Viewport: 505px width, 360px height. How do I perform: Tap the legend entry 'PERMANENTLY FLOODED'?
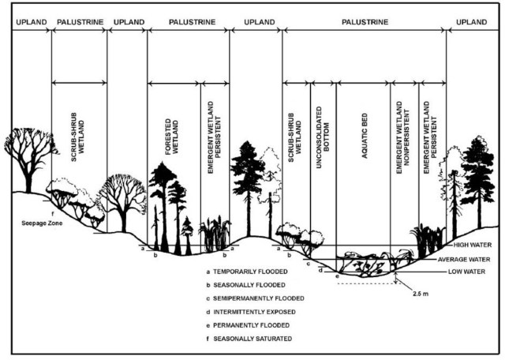[249, 324]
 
